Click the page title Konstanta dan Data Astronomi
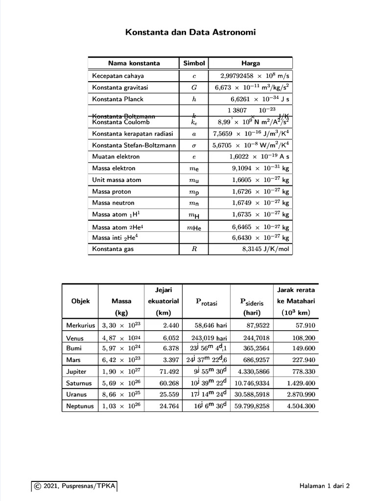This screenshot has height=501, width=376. (x=190, y=33)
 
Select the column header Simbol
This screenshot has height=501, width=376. (x=194, y=63)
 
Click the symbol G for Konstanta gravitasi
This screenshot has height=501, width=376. (x=194, y=88)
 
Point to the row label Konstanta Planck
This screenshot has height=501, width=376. (x=117, y=99)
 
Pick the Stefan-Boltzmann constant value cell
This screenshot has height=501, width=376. (x=251, y=145)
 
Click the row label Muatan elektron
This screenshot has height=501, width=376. (x=116, y=157)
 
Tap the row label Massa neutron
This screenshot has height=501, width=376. (x=113, y=203)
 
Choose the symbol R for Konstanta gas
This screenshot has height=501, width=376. (x=194, y=249)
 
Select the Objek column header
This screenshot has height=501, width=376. (x=80, y=301)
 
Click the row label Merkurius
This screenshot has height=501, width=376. (x=80, y=325)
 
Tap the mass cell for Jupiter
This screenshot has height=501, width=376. (x=120, y=372)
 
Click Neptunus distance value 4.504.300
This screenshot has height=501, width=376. (x=301, y=406)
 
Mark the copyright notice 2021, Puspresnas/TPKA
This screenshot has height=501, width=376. (x=74, y=486)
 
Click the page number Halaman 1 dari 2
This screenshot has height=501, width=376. (x=325, y=486)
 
